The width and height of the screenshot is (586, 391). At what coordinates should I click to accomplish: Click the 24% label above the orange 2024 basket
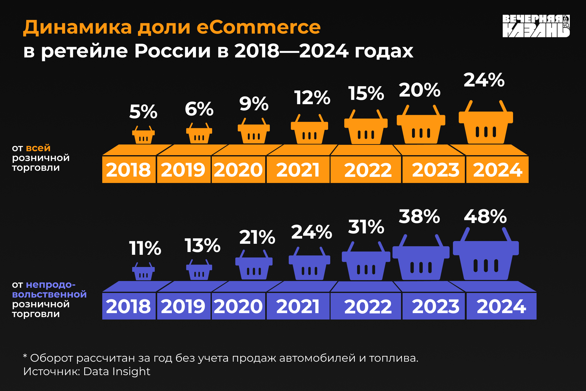(484, 80)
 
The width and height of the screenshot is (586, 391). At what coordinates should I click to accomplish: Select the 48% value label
(485, 217)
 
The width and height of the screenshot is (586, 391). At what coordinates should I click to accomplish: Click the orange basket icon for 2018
(143, 135)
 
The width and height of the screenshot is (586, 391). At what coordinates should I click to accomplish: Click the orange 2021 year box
(298, 170)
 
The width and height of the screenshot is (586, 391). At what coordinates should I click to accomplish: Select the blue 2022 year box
(367, 306)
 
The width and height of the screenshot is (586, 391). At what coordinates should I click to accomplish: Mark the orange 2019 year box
(183, 170)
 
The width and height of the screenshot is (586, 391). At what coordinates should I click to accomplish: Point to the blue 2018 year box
(128, 306)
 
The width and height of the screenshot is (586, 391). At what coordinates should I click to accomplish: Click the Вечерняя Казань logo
(536, 26)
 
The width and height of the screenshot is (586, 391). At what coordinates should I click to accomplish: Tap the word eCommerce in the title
(259, 27)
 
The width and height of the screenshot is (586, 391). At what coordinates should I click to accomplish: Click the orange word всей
(38, 148)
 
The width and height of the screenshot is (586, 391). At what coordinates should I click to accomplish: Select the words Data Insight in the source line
(117, 371)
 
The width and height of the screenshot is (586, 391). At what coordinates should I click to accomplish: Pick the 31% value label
(366, 227)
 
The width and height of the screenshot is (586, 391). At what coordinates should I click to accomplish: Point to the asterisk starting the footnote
(25, 356)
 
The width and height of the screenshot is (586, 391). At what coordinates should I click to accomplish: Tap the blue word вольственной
(49, 294)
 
